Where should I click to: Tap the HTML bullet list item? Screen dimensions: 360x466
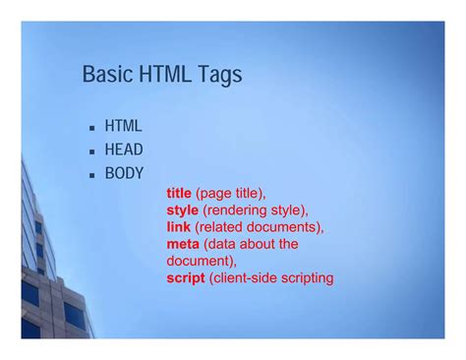[123, 126]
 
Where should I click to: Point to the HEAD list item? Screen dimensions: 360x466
[124, 150]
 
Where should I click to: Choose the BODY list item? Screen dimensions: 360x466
[124, 173]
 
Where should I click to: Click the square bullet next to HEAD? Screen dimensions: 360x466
[90, 151]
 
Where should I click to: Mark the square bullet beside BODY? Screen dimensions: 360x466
[90, 175]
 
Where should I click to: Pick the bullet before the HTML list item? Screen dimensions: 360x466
[90, 128]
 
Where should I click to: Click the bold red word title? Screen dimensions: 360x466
[179, 194]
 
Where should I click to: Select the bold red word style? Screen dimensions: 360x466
[183, 210]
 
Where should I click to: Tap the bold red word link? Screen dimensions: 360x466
[178, 227]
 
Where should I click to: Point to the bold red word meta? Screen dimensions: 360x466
[183, 244]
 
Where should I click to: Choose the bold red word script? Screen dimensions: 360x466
[187, 278]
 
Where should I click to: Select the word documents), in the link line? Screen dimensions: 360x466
[286, 227]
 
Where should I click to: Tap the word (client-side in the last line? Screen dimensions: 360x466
[243, 278]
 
